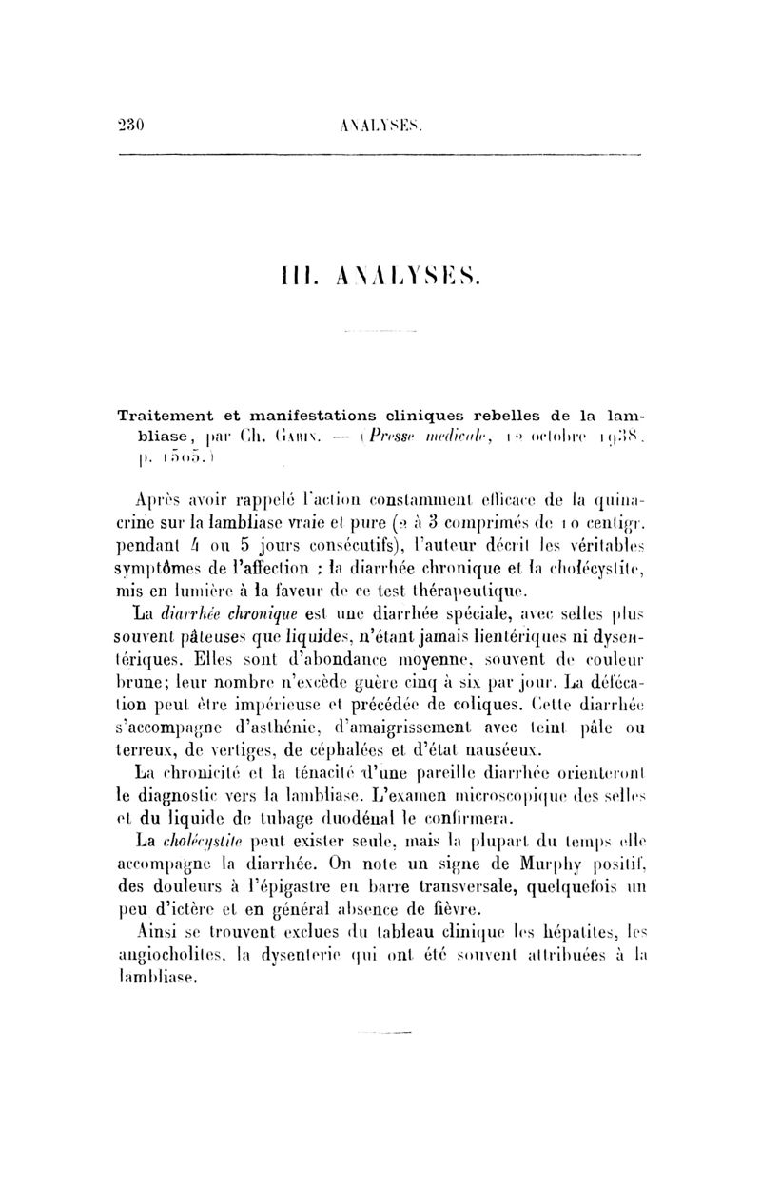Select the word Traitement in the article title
tap(166, 415)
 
